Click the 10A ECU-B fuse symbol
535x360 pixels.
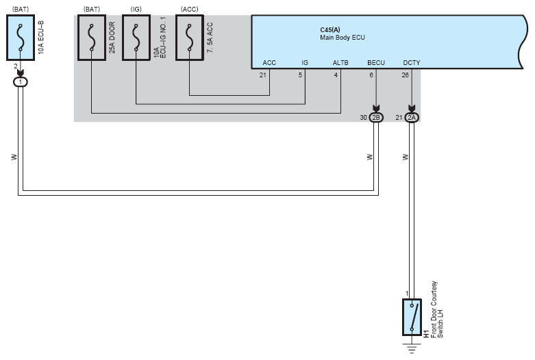21,38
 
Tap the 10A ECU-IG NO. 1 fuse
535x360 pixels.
136,38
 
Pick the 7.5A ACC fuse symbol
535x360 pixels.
189,38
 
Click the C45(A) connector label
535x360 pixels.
330,29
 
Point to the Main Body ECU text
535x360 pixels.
338,38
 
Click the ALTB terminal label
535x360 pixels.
340,63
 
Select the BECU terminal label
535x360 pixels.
376,63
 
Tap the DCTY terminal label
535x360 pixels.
412,63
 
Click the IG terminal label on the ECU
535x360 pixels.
305,63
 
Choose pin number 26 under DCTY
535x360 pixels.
406,75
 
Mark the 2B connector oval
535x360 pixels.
376,118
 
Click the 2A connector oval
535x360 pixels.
412,118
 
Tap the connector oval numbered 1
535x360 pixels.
21,82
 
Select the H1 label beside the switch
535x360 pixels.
426,334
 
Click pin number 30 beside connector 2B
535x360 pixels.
364,118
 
